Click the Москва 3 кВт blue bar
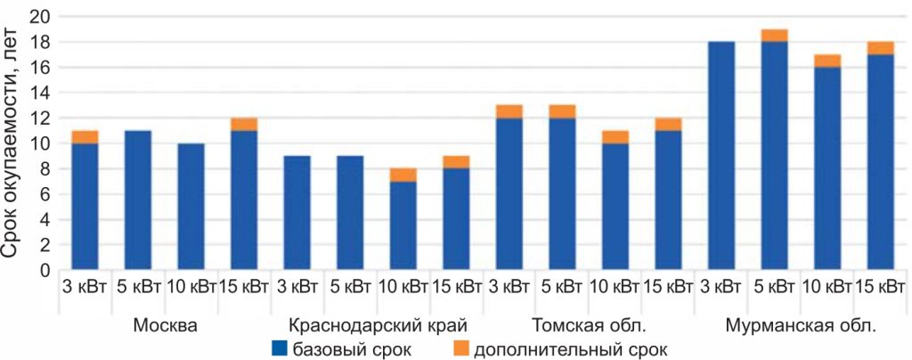pos(85,205)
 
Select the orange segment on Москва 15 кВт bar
pos(243,124)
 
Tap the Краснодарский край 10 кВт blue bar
pos(403,225)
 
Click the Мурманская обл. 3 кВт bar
pos(721,155)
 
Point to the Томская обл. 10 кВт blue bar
pos(615,206)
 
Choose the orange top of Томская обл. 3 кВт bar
pos(509,111)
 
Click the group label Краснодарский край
pos(379,324)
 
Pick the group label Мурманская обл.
pos(800,324)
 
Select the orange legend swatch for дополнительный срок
pos(460,348)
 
